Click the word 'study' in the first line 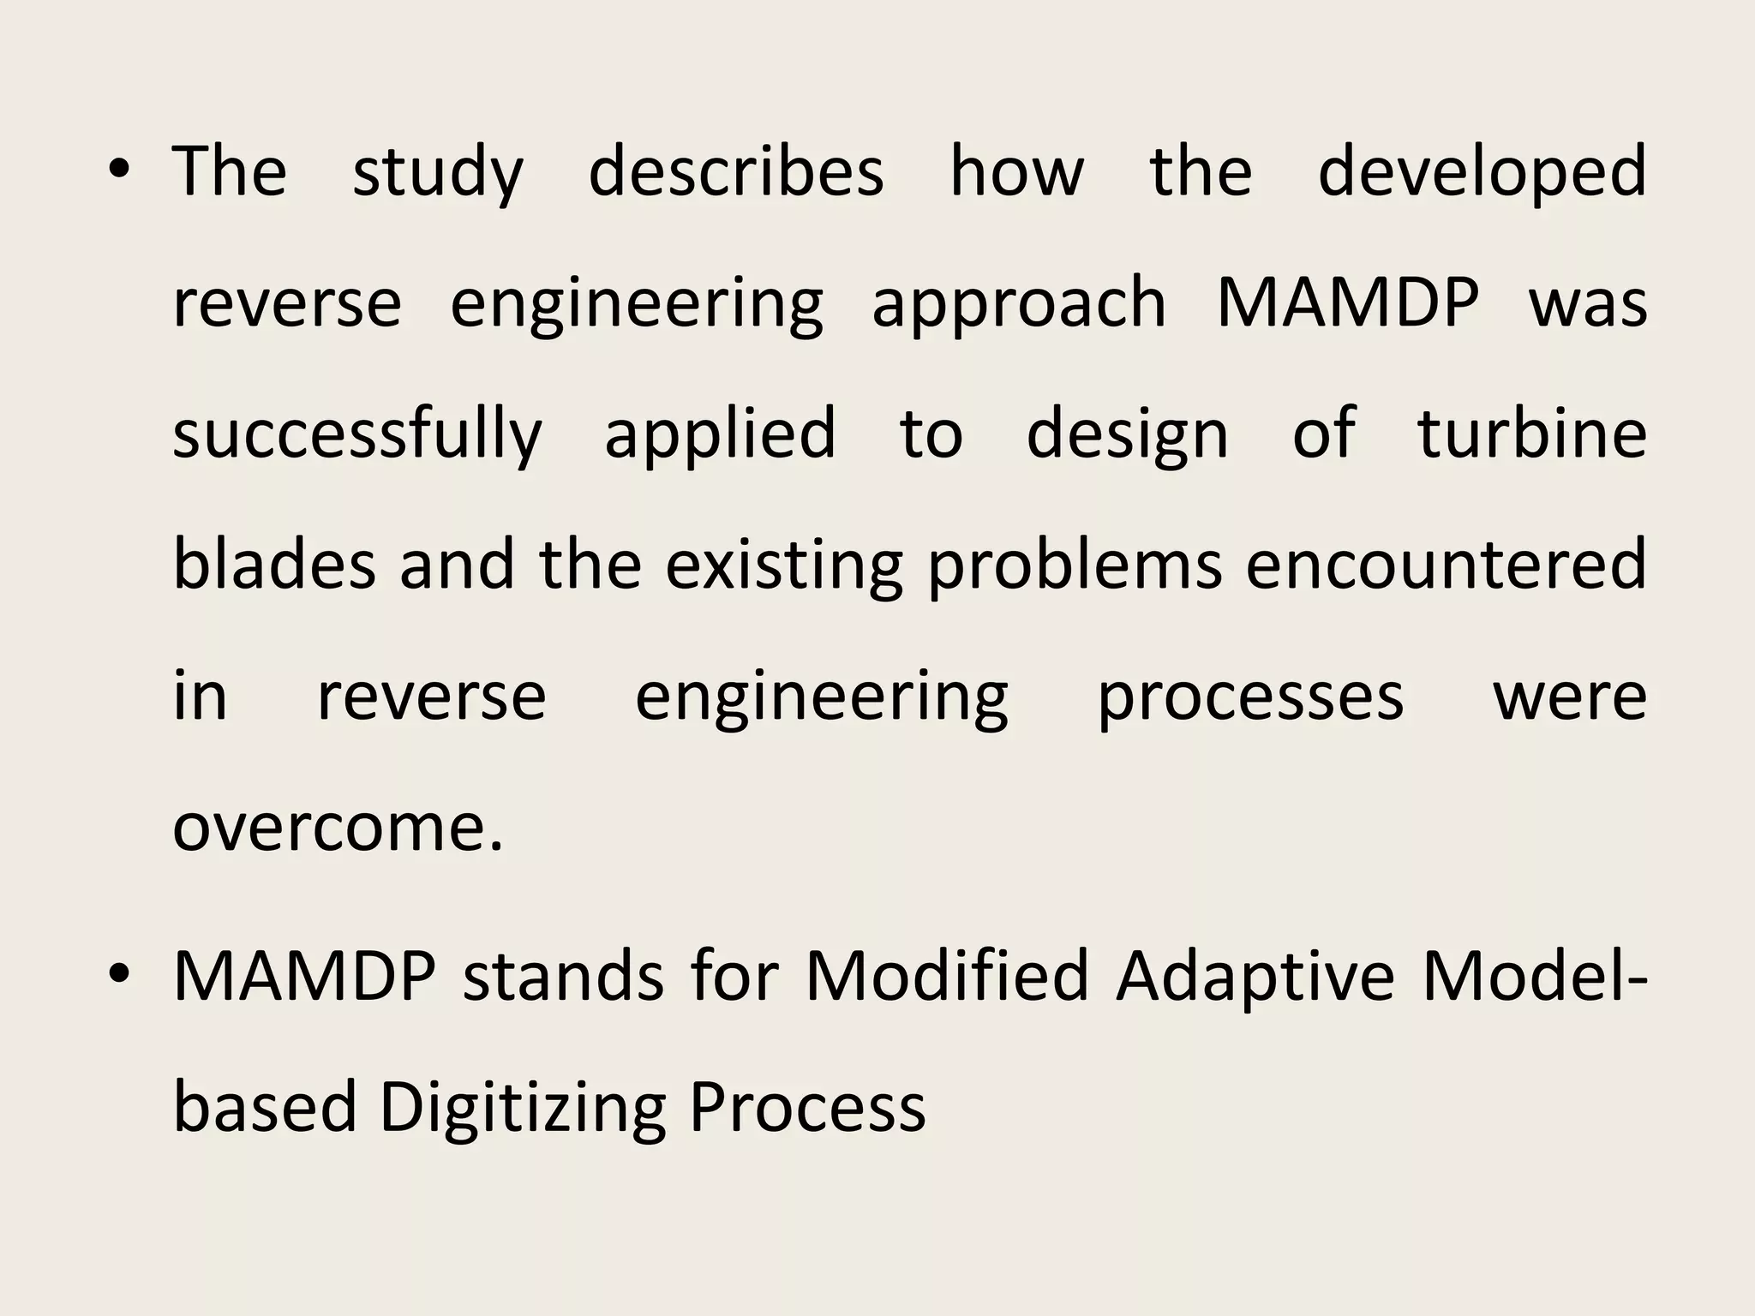point(437,173)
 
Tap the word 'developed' point(1482,173)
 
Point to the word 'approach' point(1019,305)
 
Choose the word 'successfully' point(357,435)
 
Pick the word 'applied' point(720,435)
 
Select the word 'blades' point(274,565)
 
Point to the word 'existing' point(784,567)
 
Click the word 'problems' point(1075,567)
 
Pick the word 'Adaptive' point(1256,978)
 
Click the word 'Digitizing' point(522,1109)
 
